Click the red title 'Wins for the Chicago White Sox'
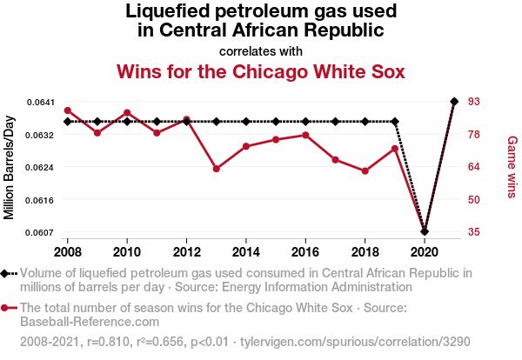click(x=261, y=70)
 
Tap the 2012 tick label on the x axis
click(x=186, y=251)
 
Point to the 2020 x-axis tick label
click(x=425, y=251)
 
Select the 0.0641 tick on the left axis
click(x=39, y=102)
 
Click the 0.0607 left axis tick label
click(x=39, y=232)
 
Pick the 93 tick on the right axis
click(x=475, y=102)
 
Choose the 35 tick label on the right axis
click(x=475, y=232)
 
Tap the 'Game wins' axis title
click(x=512, y=167)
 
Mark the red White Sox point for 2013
click(x=217, y=169)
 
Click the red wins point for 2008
click(x=68, y=110)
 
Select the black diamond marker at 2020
click(x=425, y=231)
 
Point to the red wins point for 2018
click(x=365, y=171)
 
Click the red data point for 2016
click(x=305, y=135)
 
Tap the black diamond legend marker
click(x=7, y=272)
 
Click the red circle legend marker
click(x=7, y=308)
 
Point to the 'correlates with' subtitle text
click(x=261, y=50)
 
